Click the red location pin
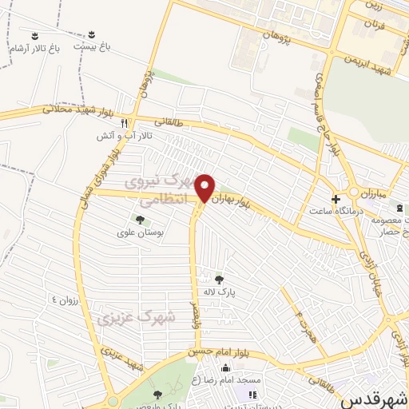point(205,187)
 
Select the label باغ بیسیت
point(91,46)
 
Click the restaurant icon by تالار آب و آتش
point(124,123)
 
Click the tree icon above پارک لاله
point(220,279)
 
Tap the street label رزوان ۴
point(66,300)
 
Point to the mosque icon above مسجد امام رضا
point(225,368)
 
